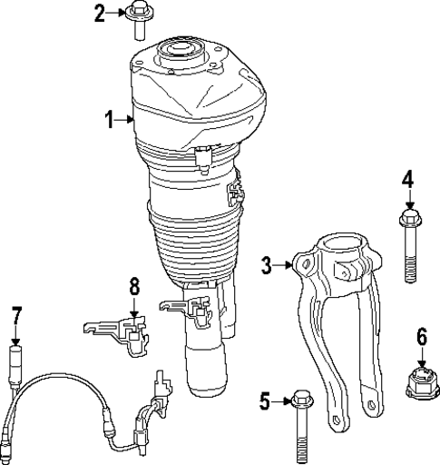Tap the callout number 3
pos(267,264)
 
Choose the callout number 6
pos(421,337)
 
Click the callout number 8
pos(134,287)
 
